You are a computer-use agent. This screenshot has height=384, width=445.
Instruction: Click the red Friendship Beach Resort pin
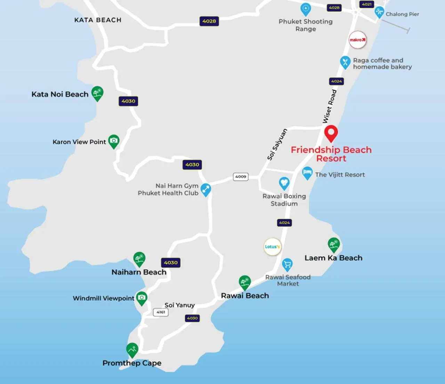click(x=331, y=133)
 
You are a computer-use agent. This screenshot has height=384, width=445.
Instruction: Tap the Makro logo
click(x=357, y=40)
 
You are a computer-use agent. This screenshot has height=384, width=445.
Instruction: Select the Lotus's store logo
click(x=272, y=247)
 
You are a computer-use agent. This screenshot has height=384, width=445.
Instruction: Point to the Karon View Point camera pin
click(x=114, y=141)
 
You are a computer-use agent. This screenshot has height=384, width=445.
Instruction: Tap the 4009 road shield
click(x=241, y=177)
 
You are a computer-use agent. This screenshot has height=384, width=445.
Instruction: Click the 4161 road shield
click(x=161, y=312)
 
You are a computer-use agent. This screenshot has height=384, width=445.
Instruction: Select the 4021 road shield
click(x=367, y=4)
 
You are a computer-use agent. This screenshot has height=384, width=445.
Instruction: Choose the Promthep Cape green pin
click(x=132, y=350)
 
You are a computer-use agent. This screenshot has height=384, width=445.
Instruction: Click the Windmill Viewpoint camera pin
click(x=141, y=298)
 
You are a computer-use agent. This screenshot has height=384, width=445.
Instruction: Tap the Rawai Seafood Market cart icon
click(x=287, y=265)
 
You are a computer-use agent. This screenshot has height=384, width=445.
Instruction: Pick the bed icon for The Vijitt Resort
click(x=307, y=173)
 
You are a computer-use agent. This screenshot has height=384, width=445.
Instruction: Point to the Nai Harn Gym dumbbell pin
click(x=206, y=190)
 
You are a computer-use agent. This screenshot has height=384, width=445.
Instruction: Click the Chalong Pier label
click(x=402, y=14)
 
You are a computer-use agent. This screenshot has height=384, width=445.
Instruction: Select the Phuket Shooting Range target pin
click(x=305, y=9)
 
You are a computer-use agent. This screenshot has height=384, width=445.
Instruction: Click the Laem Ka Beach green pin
click(x=334, y=245)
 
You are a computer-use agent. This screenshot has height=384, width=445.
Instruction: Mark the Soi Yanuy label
click(x=179, y=305)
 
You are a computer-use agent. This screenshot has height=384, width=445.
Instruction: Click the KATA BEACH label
click(x=98, y=20)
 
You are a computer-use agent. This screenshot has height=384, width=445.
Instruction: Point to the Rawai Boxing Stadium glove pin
click(x=284, y=183)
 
